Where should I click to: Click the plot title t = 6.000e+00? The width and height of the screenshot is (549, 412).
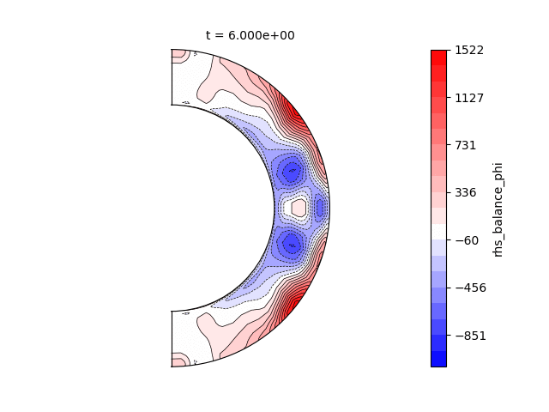point(250,35)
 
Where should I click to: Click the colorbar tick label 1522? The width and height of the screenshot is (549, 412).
point(469,50)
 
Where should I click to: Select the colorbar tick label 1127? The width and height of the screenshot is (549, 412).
point(469,98)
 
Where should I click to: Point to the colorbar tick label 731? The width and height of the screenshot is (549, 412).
point(466,145)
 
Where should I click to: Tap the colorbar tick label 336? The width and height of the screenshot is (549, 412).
point(466,192)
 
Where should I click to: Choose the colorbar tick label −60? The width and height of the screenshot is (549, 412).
point(467,240)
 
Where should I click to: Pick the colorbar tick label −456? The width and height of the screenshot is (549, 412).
point(471,288)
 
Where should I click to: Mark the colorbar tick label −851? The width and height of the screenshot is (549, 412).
point(471,336)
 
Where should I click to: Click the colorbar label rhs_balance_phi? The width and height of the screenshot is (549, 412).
point(498,209)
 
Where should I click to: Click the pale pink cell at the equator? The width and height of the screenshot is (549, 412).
point(299,208)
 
